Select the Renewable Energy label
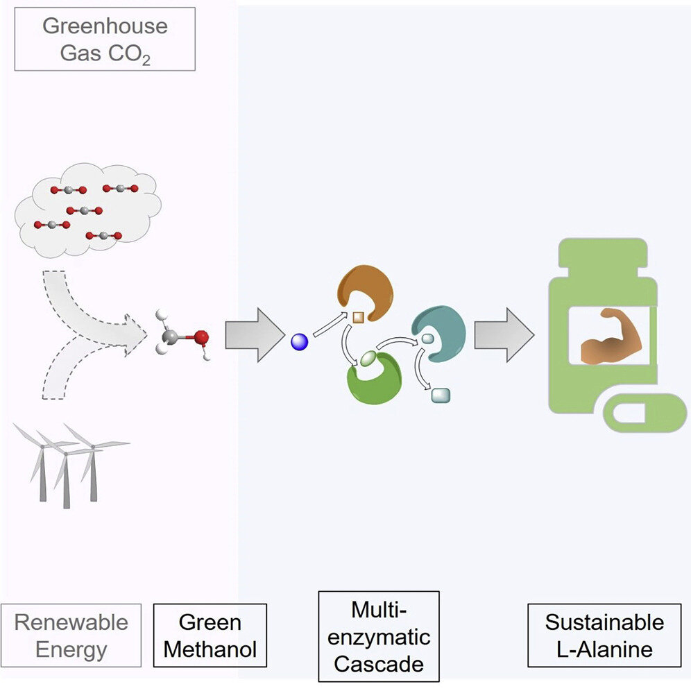pyautogui.click(x=71, y=635)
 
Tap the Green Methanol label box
pyautogui.click(x=210, y=635)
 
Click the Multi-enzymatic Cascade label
pyautogui.click(x=378, y=636)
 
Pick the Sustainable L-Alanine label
pyautogui.click(x=604, y=635)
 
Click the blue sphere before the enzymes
pyautogui.click(x=299, y=341)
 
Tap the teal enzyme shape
pyautogui.click(x=441, y=334)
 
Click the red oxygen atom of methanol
pyautogui.click(x=200, y=339)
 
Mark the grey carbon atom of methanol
pyautogui.click(x=169, y=338)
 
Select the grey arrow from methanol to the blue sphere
pyautogui.click(x=254, y=335)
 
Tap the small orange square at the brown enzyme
pyautogui.click(x=359, y=318)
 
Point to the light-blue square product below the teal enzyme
pyautogui.click(x=441, y=395)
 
